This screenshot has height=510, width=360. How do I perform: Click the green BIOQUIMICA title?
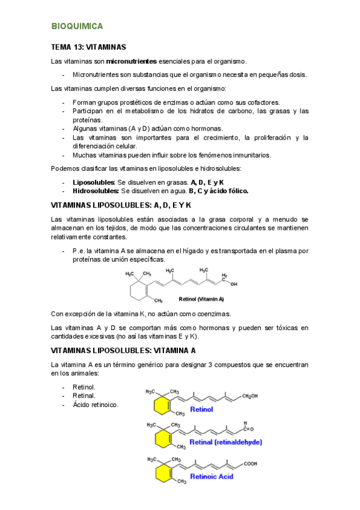[78, 26]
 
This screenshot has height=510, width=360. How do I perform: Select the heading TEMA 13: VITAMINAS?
[88, 47]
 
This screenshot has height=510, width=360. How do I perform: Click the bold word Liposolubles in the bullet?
[93, 182]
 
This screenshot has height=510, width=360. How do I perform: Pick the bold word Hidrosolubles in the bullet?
[95, 191]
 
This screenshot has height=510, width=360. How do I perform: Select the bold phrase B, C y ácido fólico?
[218, 191]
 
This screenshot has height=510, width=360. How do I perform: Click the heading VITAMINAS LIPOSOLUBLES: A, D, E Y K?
[121, 205]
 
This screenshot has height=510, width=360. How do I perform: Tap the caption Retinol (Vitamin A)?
[201, 298]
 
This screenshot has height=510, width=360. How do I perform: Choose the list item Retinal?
[84, 396]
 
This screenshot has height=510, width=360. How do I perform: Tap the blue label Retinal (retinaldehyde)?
[226, 442]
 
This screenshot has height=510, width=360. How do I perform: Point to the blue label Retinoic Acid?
[212, 476]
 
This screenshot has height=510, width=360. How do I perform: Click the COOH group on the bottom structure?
[250, 464]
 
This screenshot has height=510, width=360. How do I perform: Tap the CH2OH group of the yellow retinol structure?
[252, 396]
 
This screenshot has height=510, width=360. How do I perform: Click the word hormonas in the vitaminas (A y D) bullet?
[206, 128]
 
